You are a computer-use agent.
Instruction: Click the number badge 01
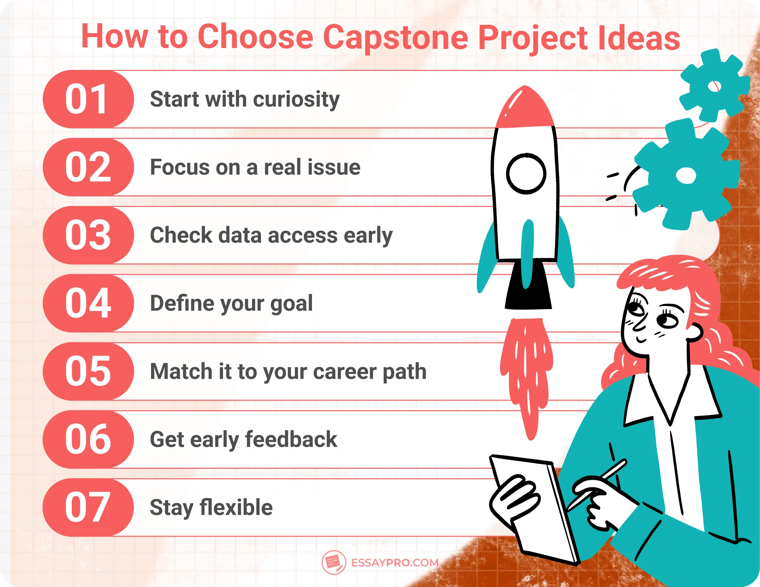pyautogui.click(x=88, y=99)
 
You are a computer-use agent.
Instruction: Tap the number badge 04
pyautogui.click(x=88, y=303)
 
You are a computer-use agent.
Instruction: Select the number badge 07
pyautogui.click(x=88, y=507)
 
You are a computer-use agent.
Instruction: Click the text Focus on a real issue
pyautogui.click(x=255, y=168)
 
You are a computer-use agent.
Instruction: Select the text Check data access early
pyautogui.click(x=271, y=236)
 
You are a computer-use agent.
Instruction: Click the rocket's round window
pyautogui.click(x=526, y=173)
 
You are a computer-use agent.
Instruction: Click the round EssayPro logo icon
pyautogui.click(x=333, y=562)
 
